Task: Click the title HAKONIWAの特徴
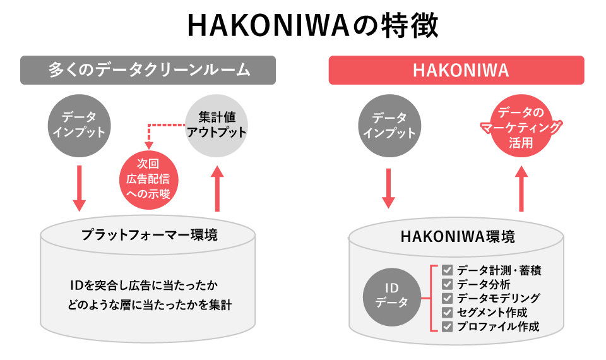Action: pyautogui.click(x=303, y=27)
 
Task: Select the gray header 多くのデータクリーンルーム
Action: pyautogui.click(x=148, y=69)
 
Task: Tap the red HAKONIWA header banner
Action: pyautogui.click(x=456, y=69)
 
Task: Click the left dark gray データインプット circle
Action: pyautogui.click(x=78, y=125)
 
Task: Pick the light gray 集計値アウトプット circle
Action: pyautogui.click(x=217, y=125)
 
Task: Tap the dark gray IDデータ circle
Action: pyautogui.click(x=391, y=295)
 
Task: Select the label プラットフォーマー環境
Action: pyautogui.click(x=150, y=235)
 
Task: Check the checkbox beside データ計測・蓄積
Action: pyautogui.click(x=447, y=270)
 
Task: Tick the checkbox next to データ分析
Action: pyautogui.click(x=447, y=284)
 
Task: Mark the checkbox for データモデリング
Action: pyautogui.click(x=447, y=298)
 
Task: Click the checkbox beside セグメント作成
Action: pyautogui.click(x=447, y=313)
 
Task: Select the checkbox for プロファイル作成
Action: pyautogui.click(x=447, y=327)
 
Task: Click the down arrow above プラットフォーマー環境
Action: pyautogui.click(x=79, y=188)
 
